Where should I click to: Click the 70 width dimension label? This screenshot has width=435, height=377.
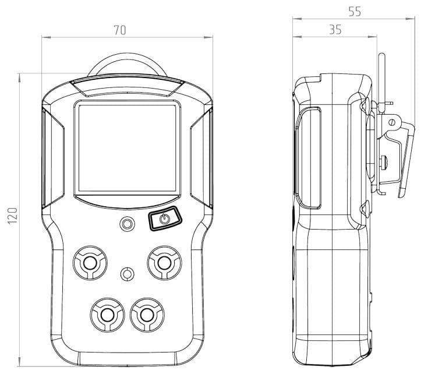coord(120,30)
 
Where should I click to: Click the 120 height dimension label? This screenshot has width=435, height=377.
coord(12,216)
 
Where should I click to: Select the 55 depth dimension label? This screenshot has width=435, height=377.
coord(355,12)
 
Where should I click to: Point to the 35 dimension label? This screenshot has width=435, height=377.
coord(335,30)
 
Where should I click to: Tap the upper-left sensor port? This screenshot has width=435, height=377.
coord(90,263)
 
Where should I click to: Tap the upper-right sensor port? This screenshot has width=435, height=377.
coord(164,263)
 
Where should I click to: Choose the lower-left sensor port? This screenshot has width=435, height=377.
coord(107,315)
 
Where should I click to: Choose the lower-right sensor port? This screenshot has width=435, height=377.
coord(147,315)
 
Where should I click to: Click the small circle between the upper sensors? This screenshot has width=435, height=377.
coord(128,274)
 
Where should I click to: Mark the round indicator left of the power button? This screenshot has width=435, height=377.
coord(128,224)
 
